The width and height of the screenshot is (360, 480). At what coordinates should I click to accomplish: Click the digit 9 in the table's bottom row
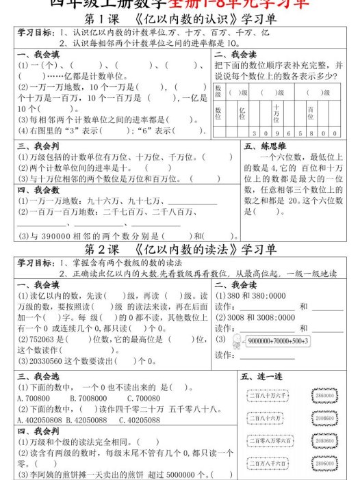pos(276,133)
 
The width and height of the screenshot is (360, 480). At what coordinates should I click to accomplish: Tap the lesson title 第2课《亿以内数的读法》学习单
pos(180,248)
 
